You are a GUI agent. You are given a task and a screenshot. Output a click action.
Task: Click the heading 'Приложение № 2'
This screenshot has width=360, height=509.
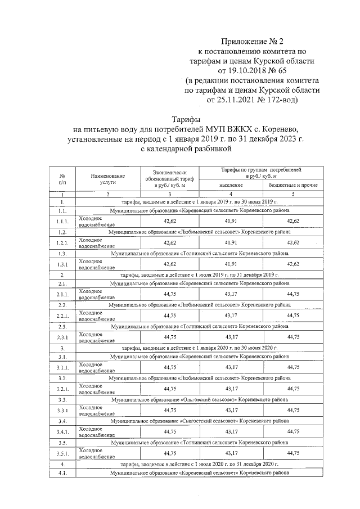tap(249, 41)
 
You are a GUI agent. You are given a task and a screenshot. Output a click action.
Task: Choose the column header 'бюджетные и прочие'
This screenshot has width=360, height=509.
tap(293, 184)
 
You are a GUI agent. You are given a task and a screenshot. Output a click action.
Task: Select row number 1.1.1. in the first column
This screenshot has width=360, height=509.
tap(62, 221)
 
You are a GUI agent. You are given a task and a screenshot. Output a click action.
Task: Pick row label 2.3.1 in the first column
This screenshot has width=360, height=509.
tap(62, 337)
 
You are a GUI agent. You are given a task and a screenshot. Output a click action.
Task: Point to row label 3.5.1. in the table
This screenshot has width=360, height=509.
tap(62, 453)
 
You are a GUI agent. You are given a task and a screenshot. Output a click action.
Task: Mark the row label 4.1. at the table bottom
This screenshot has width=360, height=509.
tap(62, 474)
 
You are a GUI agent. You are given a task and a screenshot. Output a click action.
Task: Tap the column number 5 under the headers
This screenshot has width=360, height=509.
tap(293, 194)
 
